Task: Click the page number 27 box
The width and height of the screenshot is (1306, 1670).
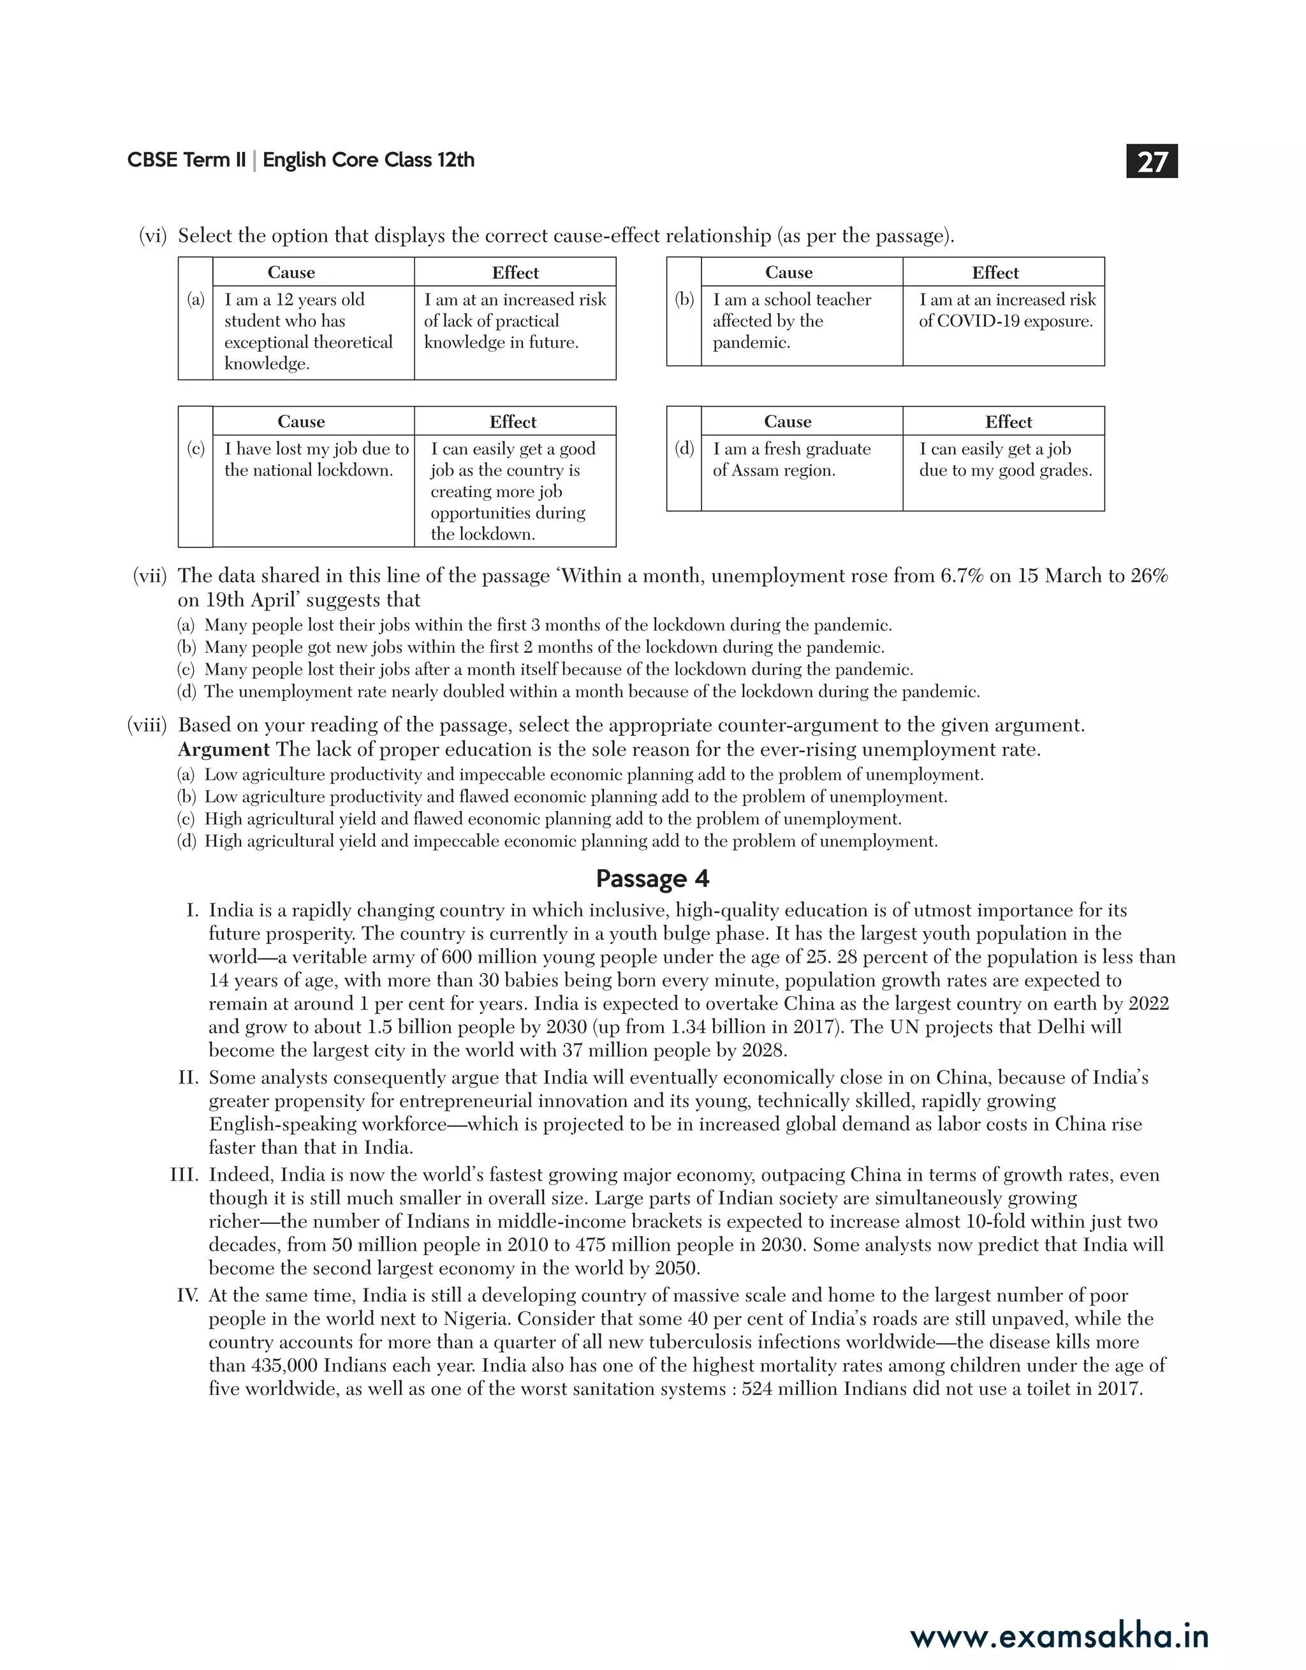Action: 1152,161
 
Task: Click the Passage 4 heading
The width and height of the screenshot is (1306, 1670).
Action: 652,878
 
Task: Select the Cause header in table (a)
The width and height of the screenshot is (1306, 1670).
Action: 291,272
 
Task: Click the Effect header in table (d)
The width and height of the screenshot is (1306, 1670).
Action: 1008,422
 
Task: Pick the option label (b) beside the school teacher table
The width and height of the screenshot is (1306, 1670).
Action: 684,300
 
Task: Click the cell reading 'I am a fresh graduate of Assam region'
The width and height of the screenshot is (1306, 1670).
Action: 791,459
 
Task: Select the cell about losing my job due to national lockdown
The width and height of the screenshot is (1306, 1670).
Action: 316,459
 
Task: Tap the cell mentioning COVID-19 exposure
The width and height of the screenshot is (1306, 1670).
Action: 1006,311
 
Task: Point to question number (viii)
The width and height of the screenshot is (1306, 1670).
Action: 146,724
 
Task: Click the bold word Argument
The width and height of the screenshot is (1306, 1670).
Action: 223,750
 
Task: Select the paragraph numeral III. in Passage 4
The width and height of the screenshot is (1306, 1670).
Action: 184,1175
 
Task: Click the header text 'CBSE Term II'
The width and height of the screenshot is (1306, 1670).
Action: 187,160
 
